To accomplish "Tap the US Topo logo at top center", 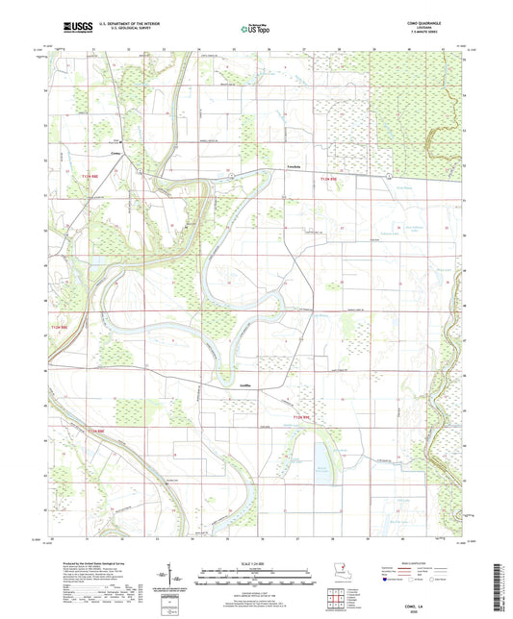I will [254, 30].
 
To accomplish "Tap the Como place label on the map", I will [115, 152].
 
